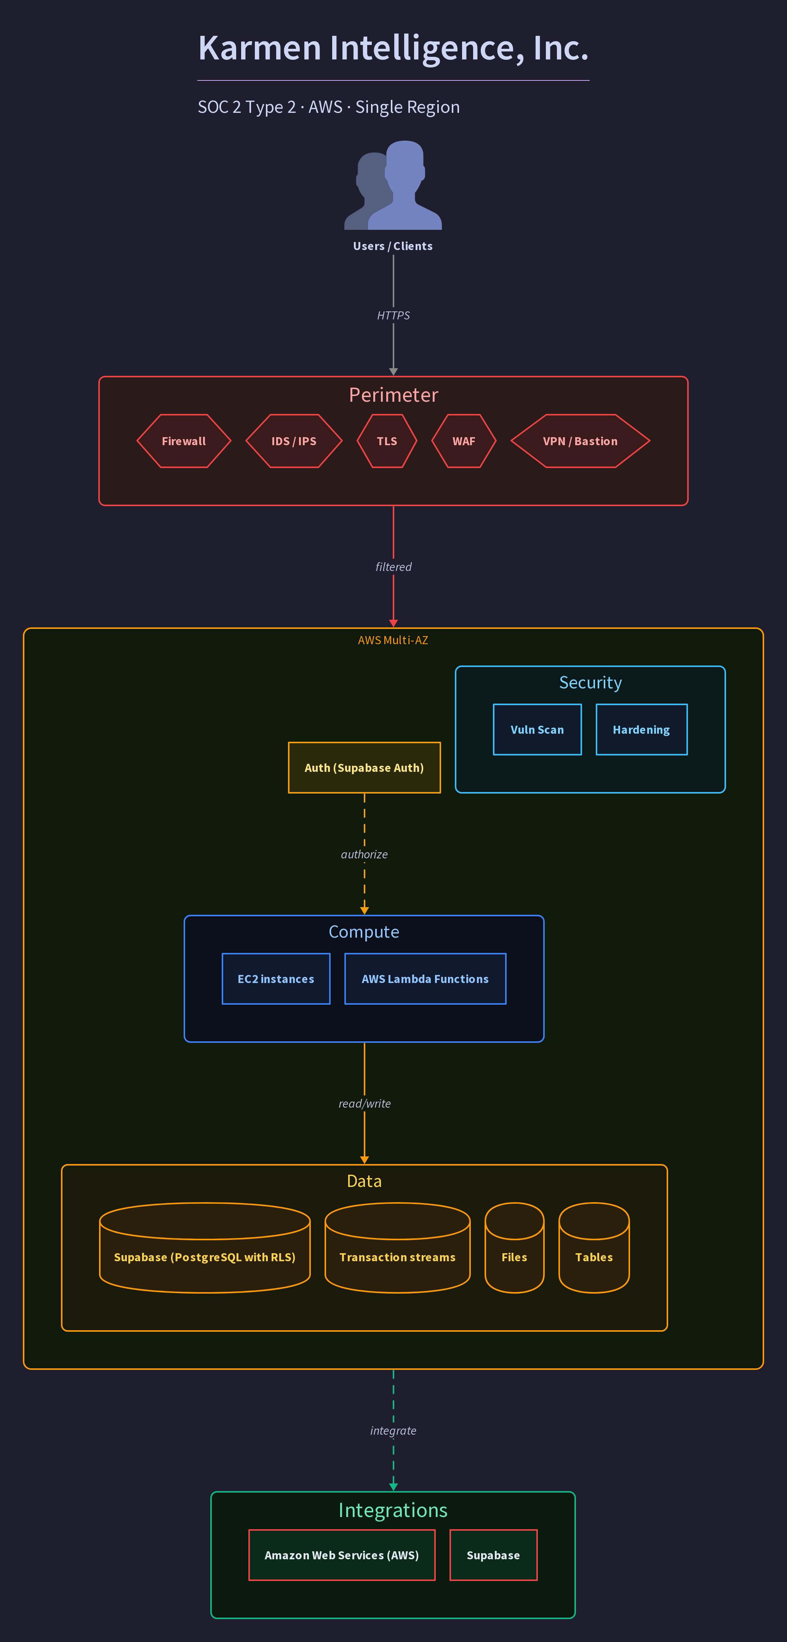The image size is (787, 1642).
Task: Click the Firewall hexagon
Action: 184,441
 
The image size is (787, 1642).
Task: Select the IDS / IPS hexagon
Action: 294,441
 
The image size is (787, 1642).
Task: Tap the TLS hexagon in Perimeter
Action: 387,441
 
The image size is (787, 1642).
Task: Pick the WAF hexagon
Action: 464,441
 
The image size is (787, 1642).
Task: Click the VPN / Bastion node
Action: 580,441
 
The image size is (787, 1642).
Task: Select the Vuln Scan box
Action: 537,729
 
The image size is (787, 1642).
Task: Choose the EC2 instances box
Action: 276,978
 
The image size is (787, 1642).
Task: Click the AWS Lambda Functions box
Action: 425,978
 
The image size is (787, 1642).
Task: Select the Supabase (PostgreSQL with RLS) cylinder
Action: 205,1248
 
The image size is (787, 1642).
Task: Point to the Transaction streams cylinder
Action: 398,1248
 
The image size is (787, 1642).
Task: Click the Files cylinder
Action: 514,1248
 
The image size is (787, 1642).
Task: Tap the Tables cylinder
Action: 594,1248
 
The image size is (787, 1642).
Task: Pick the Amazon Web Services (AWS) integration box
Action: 342,1555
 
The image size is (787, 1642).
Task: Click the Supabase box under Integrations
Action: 493,1555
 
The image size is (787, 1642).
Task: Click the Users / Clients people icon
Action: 393,185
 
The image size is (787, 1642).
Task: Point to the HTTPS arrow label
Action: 393,316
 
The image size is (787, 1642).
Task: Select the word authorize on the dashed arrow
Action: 364,854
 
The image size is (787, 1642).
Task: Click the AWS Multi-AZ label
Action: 393,640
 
